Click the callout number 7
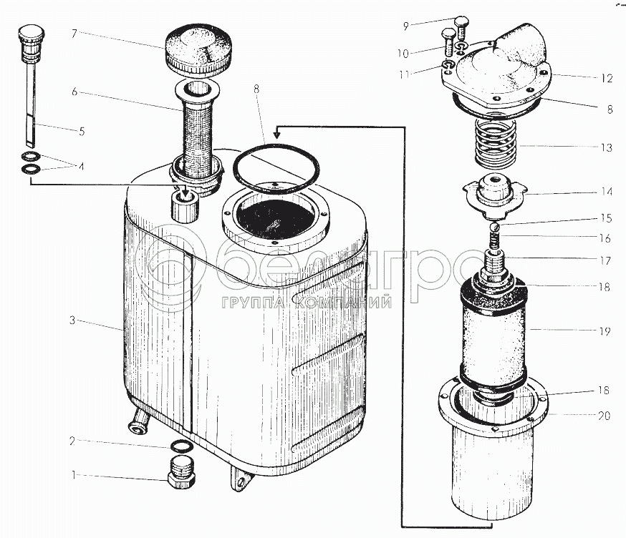click(x=74, y=34)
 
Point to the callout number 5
click(x=82, y=131)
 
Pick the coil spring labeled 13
click(x=495, y=143)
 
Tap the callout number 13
click(x=606, y=147)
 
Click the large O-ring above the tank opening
click(x=276, y=169)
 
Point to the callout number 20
click(x=605, y=416)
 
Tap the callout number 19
click(x=605, y=331)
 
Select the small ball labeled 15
click(x=495, y=227)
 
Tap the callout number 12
click(x=607, y=78)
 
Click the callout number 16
click(x=605, y=238)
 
